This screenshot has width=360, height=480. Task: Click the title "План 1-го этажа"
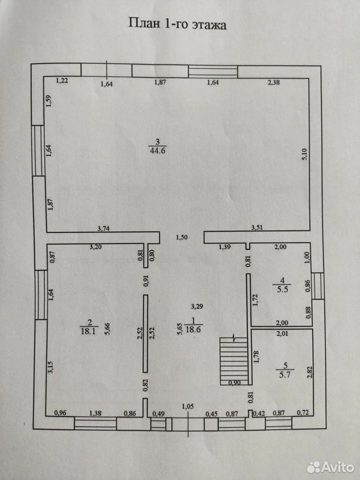pos(177,23)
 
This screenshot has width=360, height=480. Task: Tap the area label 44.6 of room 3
pos(158,150)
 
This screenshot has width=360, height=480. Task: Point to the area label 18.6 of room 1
pos(193,329)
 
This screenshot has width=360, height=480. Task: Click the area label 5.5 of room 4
pos(282,289)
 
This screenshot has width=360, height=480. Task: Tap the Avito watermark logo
pos(330,466)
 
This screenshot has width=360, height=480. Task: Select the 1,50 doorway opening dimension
pos(181,237)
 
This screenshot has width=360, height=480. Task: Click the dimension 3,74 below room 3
pos(103,228)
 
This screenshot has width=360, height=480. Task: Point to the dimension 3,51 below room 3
pos(257,227)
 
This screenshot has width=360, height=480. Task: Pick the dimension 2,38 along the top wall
pos(273,82)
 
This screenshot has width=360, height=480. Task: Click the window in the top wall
pos(213,71)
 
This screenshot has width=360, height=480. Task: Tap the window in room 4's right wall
pos(318,285)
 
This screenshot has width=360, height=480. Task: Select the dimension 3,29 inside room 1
pos(197,306)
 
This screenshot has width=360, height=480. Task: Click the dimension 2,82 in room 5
pos(310,371)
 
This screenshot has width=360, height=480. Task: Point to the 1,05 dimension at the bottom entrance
pos(187,406)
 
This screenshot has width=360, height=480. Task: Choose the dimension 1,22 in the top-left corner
pos(62,81)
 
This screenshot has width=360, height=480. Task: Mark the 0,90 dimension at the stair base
pos(235,382)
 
